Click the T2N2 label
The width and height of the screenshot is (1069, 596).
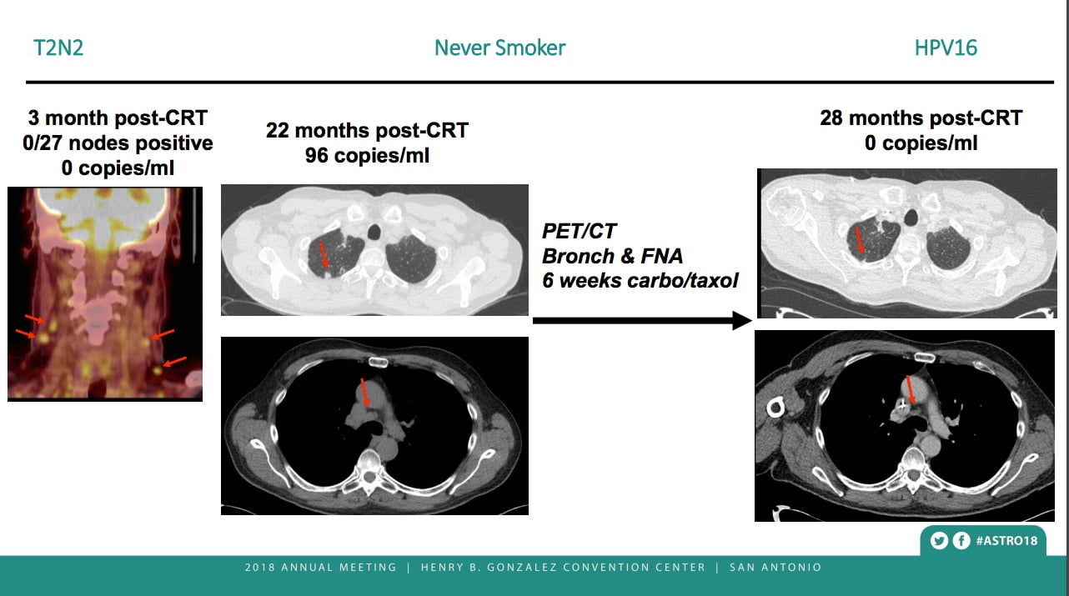coord(58,48)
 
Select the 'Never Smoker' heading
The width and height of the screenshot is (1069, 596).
coord(499,48)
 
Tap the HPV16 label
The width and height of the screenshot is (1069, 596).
coord(946,48)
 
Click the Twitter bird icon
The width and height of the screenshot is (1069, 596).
coord(939,541)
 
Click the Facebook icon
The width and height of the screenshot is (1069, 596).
coord(961,541)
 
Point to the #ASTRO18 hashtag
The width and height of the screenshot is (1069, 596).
coord(1006,541)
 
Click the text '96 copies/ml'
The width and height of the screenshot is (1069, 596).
coord(367,156)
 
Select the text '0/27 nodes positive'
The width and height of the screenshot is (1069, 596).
coord(118,143)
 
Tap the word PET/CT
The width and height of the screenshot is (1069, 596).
coord(579,232)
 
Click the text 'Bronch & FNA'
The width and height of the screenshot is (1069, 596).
coord(612,256)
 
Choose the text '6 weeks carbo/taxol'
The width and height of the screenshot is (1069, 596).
coord(640,281)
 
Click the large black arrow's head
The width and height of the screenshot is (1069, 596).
coord(742,321)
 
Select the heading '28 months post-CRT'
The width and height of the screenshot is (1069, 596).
coord(921,118)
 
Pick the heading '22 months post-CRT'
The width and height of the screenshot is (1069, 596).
coord(367,130)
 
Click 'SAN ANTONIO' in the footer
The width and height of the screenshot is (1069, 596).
coord(775,568)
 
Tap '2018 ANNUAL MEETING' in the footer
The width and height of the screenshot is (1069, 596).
coord(321,568)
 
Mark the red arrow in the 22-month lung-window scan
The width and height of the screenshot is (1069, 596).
coord(324,255)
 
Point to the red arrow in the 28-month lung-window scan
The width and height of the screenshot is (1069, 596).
coord(859,240)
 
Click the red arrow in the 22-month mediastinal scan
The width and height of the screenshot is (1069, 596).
coord(364,393)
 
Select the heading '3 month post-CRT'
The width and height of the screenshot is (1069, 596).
coord(118,118)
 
